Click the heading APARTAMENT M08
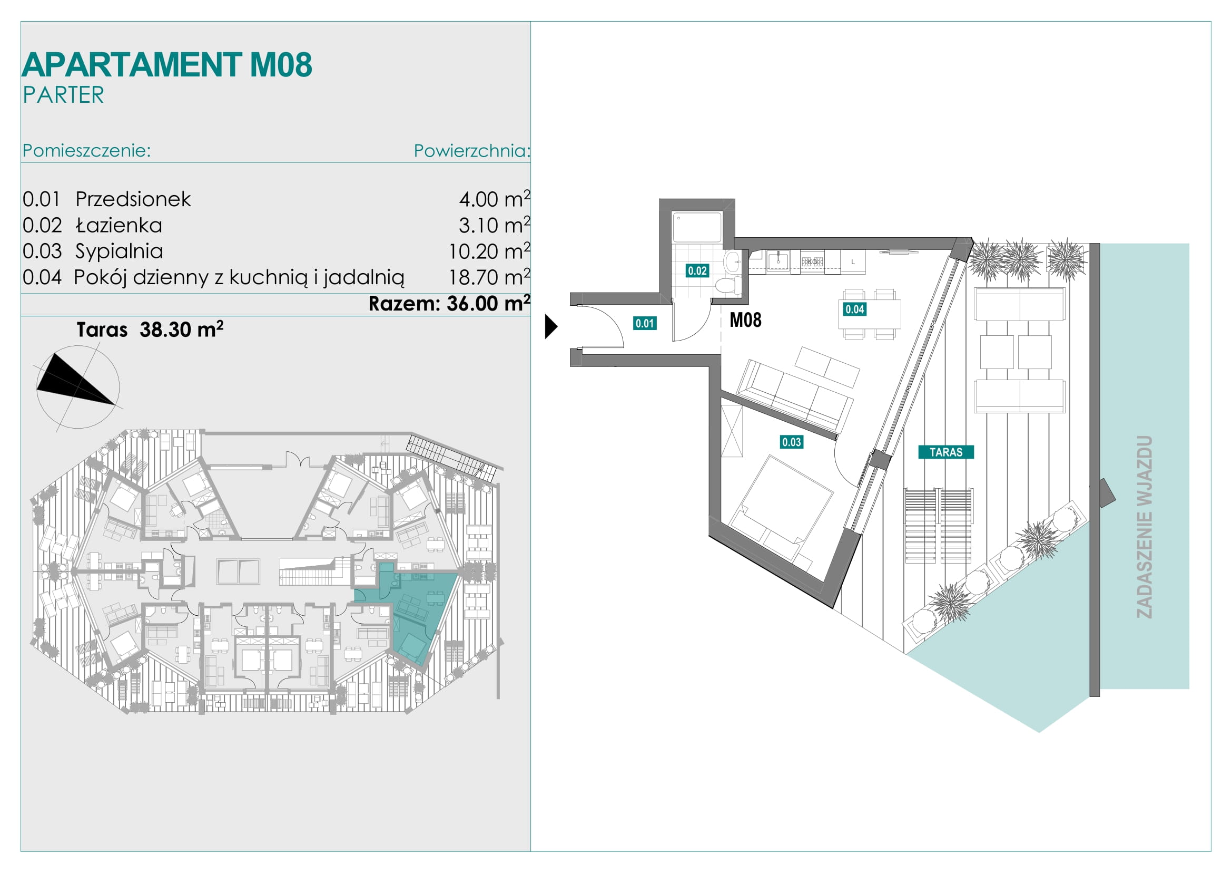point(167,65)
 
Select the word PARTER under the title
point(63,95)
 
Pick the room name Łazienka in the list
point(119,225)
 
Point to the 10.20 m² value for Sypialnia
point(489,250)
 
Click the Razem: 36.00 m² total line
point(449,303)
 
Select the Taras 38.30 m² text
point(150,329)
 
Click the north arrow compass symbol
point(78,386)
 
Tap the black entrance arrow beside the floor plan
point(550,326)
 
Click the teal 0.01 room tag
point(644,323)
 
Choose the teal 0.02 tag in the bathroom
point(697,270)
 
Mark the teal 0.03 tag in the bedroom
point(792,442)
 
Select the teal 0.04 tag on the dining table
point(855,309)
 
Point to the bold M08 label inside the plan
point(745,320)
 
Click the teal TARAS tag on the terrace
point(946,452)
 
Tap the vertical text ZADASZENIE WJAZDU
point(1144,527)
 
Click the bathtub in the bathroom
point(696,227)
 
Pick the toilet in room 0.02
point(728,284)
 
